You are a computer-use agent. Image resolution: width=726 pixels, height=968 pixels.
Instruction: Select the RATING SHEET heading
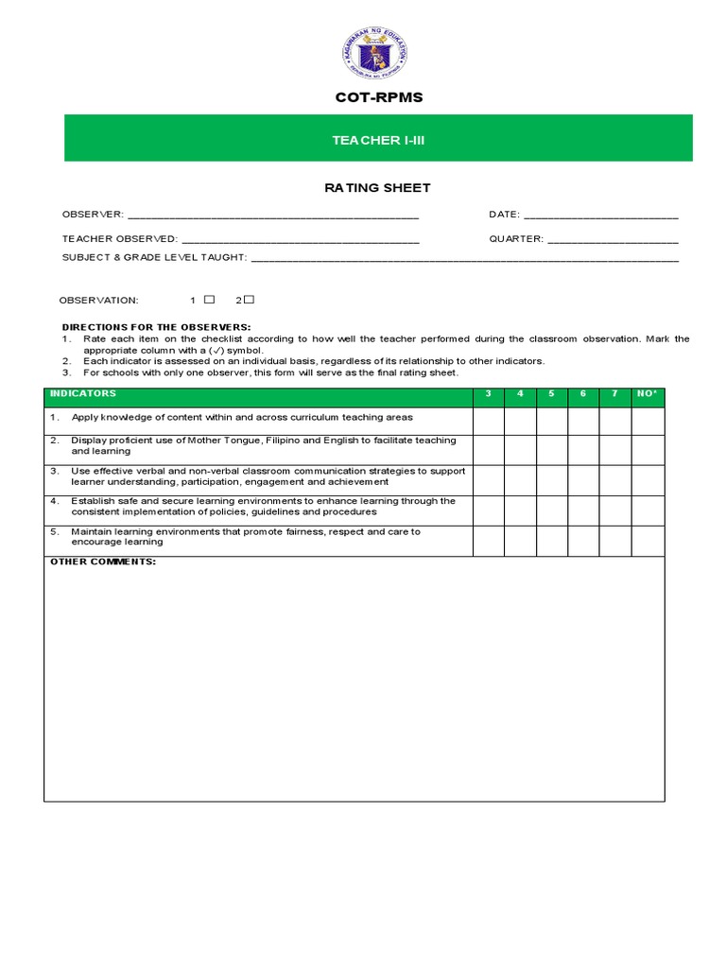(x=377, y=188)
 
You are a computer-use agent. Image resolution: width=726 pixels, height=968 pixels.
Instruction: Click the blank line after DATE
(x=600, y=216)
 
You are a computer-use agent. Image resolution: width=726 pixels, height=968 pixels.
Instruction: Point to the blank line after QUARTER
(x=613, y=239)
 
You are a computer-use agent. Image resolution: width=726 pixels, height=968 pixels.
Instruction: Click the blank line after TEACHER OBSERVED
(x=300, y=239)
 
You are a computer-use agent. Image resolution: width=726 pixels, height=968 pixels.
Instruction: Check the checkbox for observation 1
(x=210, y=300)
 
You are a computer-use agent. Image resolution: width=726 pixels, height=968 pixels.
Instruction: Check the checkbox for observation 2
(x=250, y=300)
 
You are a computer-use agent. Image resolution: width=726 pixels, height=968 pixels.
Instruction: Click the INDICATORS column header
(x=83, y=394)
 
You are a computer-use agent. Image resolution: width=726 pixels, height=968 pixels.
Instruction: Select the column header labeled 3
(x=488, y=394)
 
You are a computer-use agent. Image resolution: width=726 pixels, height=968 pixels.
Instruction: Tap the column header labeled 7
(x=614, y=394)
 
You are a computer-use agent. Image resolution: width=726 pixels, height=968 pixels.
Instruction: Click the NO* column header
(x=648, y=394)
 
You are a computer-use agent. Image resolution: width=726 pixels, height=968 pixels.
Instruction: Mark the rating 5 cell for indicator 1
(x=551, y=420)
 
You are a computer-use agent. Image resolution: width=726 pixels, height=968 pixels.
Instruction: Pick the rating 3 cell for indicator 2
(x=488, y=448)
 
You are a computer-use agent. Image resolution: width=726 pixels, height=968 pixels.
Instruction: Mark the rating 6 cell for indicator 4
(x=583, y=510)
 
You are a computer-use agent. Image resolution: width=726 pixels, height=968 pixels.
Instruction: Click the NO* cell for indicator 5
(x=648, y=540)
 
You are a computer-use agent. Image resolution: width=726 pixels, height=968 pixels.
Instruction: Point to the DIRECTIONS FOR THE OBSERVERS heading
(x=156, y=327)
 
